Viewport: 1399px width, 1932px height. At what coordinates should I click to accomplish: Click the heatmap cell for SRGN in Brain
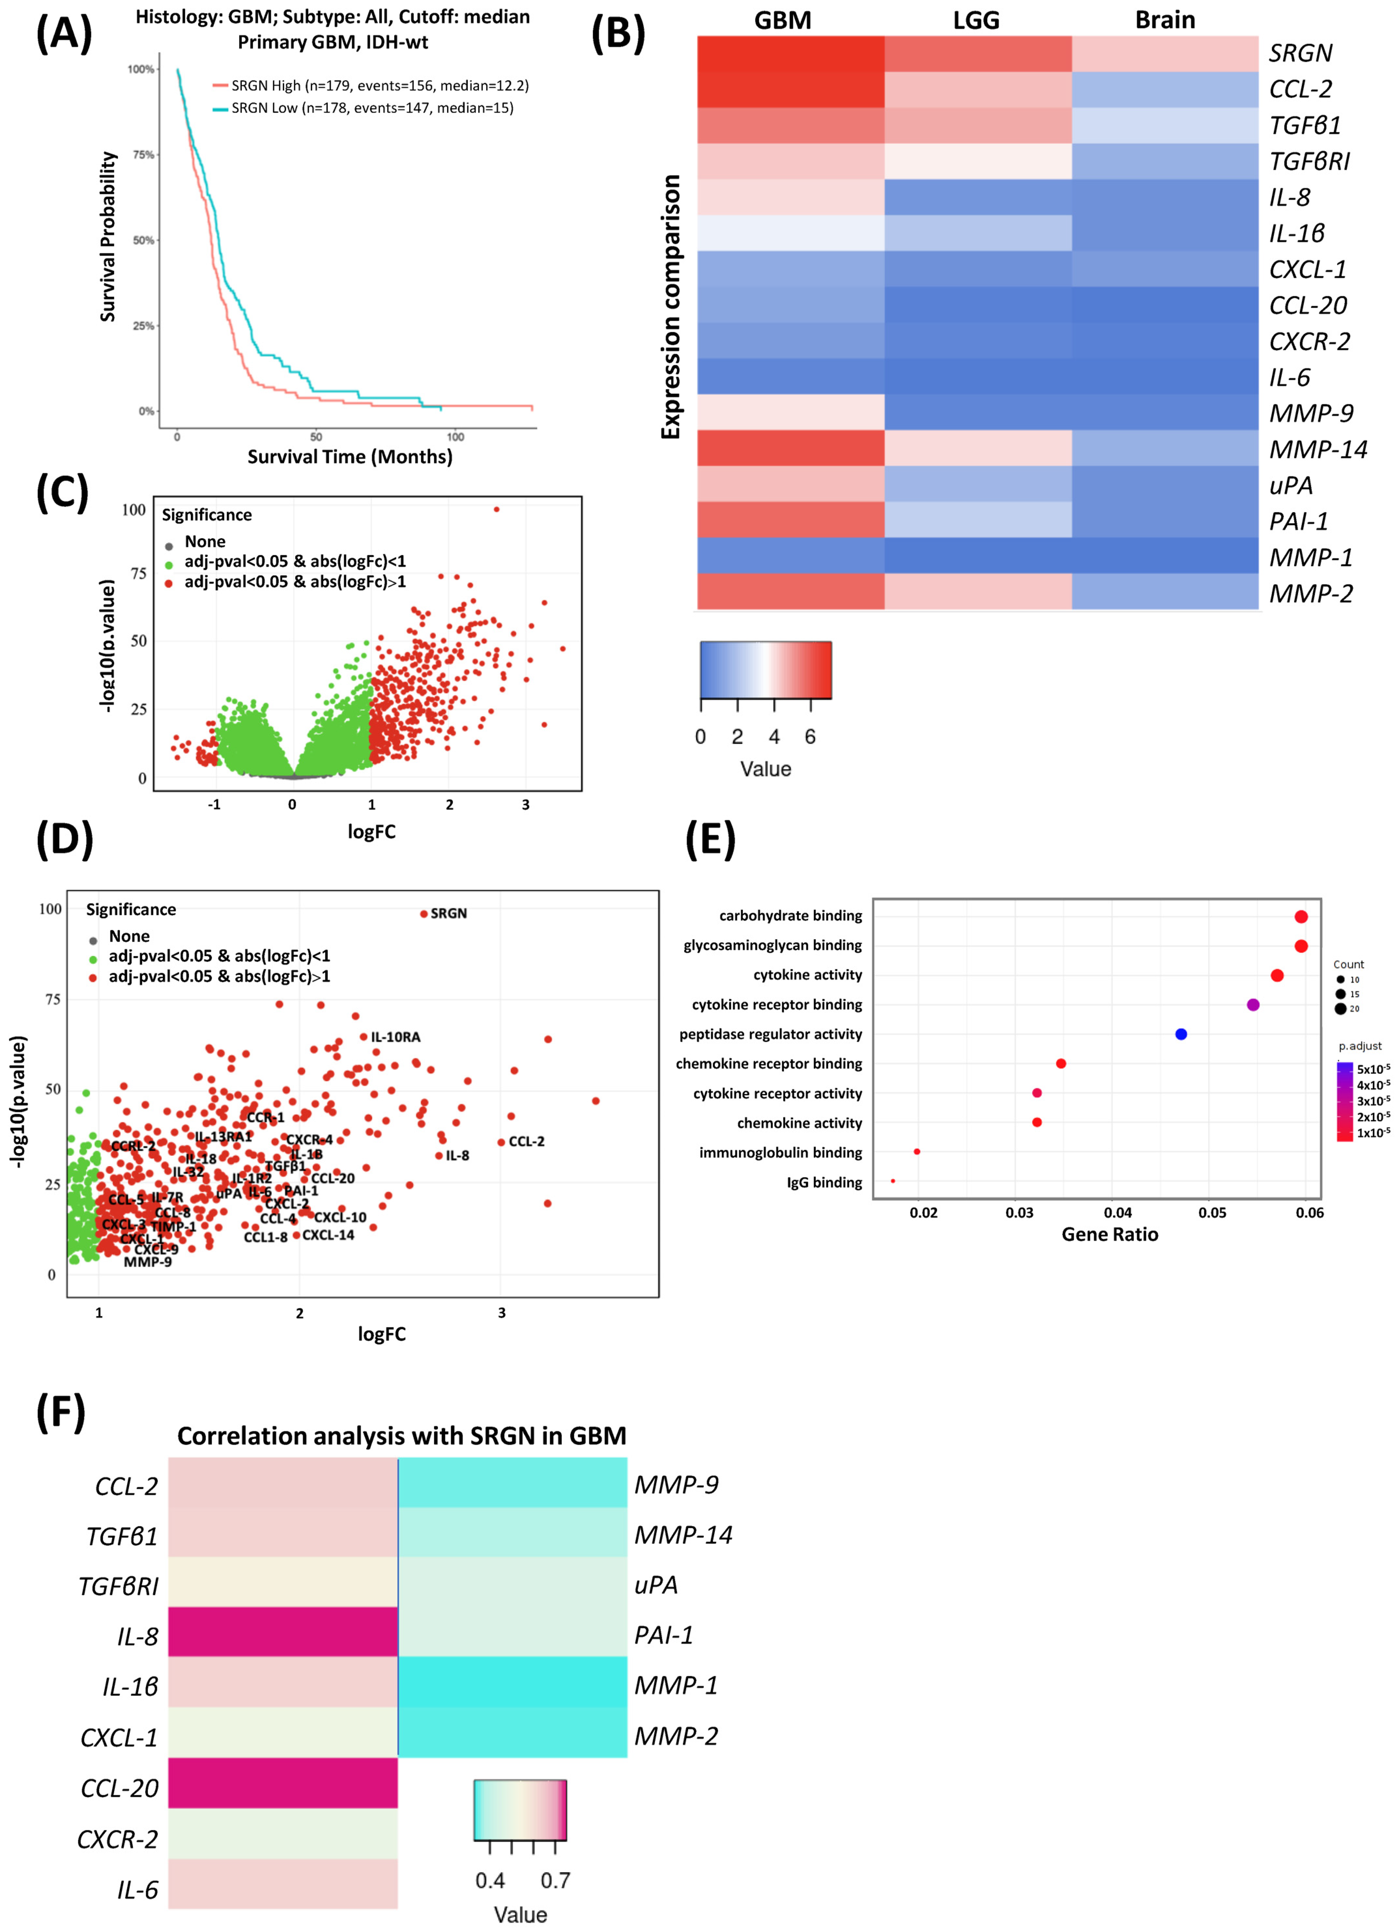[1165, 54]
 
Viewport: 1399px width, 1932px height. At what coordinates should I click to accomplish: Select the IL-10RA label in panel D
[395, 1037]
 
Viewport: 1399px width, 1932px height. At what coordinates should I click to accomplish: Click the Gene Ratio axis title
[1109, 1234]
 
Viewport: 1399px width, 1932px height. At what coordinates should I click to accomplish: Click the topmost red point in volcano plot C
[496, 509]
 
